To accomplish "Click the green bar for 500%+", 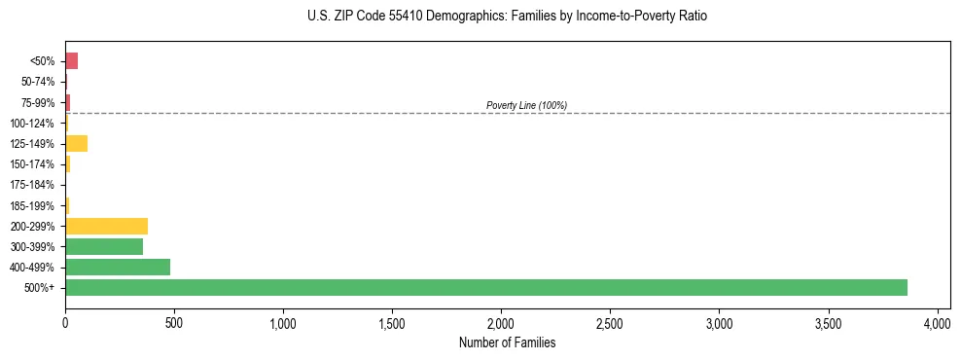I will [x=486, y=287].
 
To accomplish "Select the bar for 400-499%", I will [x=118, y=267].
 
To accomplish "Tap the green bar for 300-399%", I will [x=104, y=246].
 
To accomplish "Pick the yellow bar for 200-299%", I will [x=106, y=226].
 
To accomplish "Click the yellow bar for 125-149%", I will [x=76, y=144].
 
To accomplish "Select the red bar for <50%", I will [x=71, y=61].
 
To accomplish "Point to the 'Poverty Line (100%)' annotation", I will [x=526, y=105].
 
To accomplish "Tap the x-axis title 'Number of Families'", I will [x=500, y=342].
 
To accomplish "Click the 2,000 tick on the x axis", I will [x=501, y=322].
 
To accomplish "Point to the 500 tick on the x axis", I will [x=174, y=322].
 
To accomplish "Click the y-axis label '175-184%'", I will [x=32, y=185].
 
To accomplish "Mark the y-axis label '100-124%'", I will [x=32, y=124].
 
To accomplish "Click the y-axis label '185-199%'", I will [x=32, y=205].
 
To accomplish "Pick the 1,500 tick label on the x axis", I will [x=392, y=322].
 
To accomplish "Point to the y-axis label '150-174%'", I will [x=32, y=164].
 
